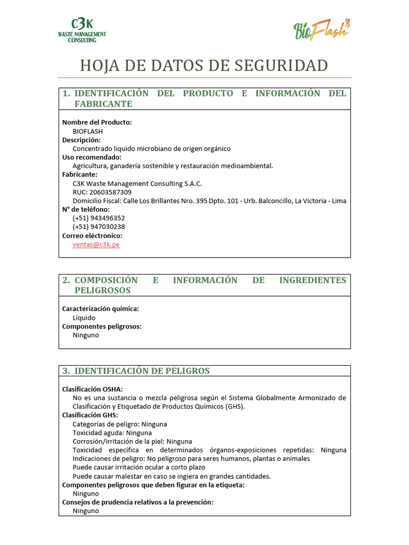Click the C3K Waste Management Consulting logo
tap(81, 30)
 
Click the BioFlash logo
tap(322, 29)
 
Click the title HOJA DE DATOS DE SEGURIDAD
tap(204, 65)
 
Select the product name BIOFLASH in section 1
tap(88, 131)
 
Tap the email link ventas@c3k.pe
tap(96, 244)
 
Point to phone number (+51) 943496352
tap(99, 218)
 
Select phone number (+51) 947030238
tap(99, 227)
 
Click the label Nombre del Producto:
tap(97, 122)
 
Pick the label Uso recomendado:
tap(92, 157)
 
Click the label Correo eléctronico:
tap(92, 236)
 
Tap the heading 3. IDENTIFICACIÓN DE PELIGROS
tap(136, 371)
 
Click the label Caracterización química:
tap(101, 309)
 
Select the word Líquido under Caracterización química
tap(84, 318)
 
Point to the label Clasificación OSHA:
tap(93, 389)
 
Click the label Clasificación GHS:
tap(90, 415)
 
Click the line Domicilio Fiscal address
tap(209, 201)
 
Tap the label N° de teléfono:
tap(86, 210)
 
